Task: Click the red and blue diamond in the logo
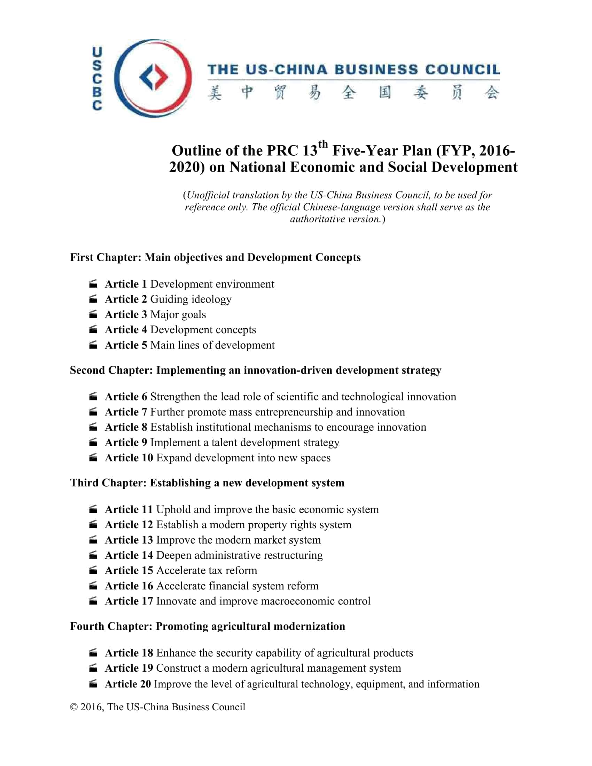(x=153, y=77)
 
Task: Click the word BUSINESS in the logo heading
(x=376, y=69)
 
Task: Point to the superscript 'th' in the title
(x=323, y=144)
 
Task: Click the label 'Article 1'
(x=126, y=284)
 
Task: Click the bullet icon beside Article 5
(x=93, y=345)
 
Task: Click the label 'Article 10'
(x=129, y=458)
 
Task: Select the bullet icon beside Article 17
(x=93, y=601)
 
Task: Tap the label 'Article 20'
(x=128, y=684)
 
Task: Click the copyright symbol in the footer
(x=73, y=707)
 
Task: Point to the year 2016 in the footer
(x=92, y=707)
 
